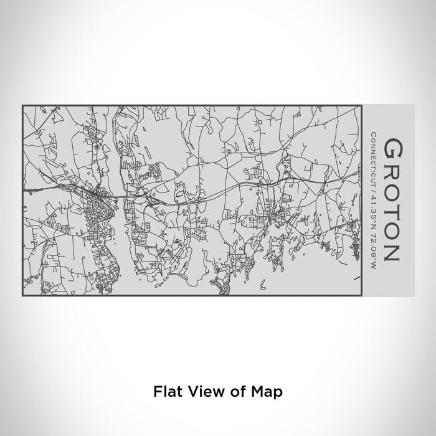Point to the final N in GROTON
pos(393,252)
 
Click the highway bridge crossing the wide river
pos(118,199)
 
